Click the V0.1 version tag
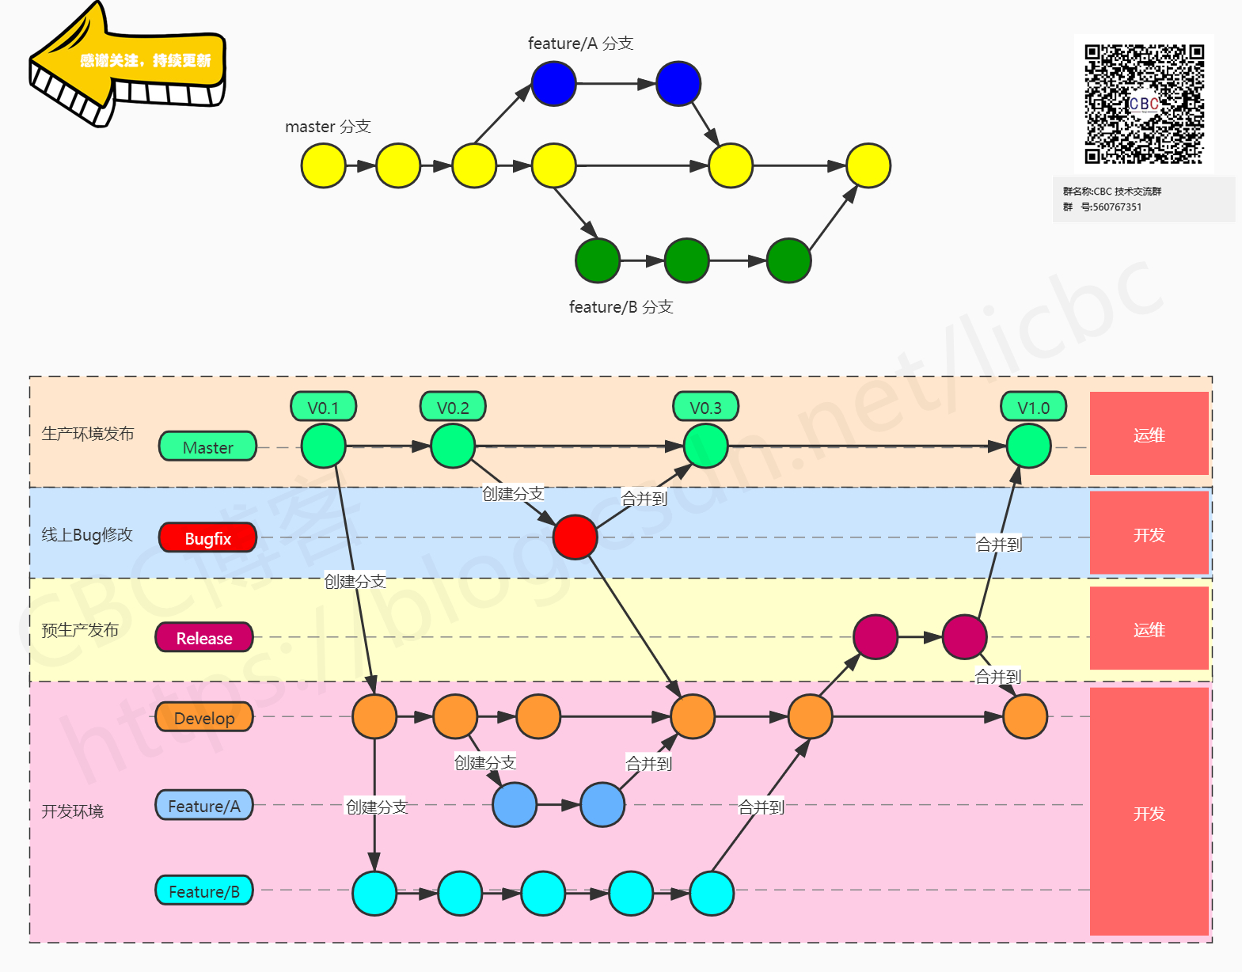click(x=323, y=408)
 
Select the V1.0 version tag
click(x=1033, y=408)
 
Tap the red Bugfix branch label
click(x=207, y=538)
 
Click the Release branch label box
click(x=204, y=638)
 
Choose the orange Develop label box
click(x=204, y=718)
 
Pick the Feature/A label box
click(x=204, y=806)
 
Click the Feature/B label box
click(x=204, y=891)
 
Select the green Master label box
click(x=207, y=447)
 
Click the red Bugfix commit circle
click(x=575, y=537)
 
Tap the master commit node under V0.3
click(x=705, y=446)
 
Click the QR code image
click(x=1144, y=104)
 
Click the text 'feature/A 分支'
click(x=580, y=44)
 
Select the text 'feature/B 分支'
click(x=621, y=307)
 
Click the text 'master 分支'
click(x=328, y=127)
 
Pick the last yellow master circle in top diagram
click(x=868, y=165)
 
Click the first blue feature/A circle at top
click(x=553, y=83)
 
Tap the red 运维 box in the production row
click(x=1149, y=434)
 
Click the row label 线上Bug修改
click(x=87, y=535)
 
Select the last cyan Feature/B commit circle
click(x=711, y=893)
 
